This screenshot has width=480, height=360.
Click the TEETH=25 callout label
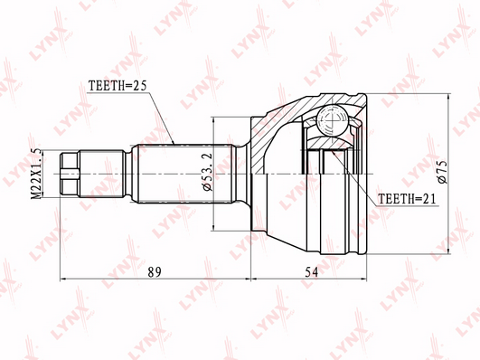[118, 86]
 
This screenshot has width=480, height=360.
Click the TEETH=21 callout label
[407, 199]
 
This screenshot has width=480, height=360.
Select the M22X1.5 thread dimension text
[37, 174]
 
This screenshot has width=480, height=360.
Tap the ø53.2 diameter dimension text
[208, 172]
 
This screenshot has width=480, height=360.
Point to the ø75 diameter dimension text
[443, 172]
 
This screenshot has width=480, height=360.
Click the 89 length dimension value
[155, 272]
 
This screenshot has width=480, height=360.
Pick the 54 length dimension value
[311, 272]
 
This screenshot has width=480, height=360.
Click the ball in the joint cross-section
[332, 120]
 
